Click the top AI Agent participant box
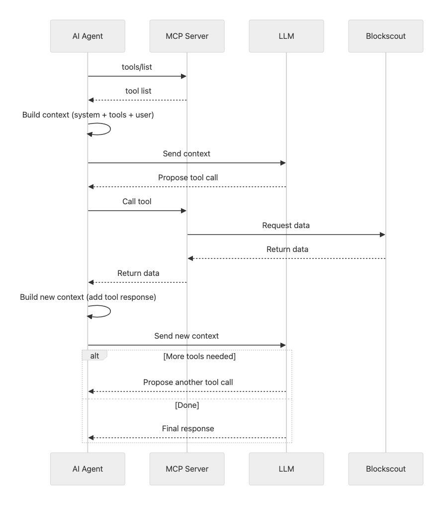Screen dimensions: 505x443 click(88, 36)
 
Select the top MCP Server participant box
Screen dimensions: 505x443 click(187, 36)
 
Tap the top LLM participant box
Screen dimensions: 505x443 click(286, 36)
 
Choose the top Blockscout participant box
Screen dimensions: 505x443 click(385, 36)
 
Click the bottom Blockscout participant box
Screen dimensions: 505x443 click(385, 469)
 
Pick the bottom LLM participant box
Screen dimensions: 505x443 click(286, 469)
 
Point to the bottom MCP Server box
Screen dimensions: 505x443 click(187, 469)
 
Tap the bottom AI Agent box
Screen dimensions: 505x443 click(88, 469)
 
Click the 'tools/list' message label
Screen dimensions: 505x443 click(137, 67)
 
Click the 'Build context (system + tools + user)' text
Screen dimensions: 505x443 click(88, 115)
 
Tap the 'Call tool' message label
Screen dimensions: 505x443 click(137, 202)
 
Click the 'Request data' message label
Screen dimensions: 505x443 click(286, 225)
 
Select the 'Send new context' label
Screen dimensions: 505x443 click(186, 336)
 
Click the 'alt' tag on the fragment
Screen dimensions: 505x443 click(94, 356)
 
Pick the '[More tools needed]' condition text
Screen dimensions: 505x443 click(199, 357)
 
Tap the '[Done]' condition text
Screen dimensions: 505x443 click(187, 405)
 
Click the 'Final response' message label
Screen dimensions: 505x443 click(188, 428)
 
